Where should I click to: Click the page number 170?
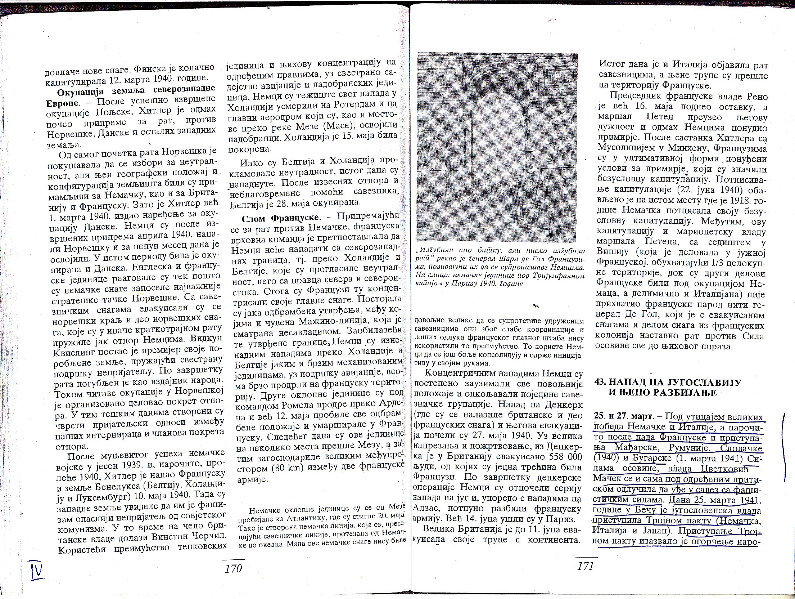(x=233, y=569)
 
